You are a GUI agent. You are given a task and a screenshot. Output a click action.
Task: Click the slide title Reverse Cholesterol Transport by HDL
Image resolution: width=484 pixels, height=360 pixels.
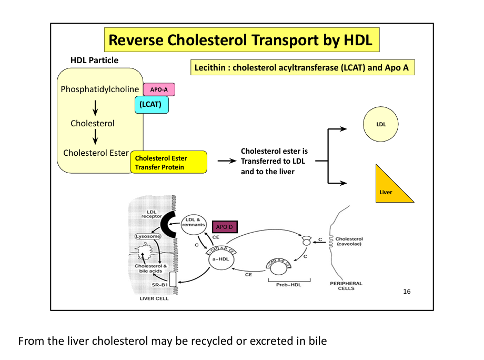coord(240,40)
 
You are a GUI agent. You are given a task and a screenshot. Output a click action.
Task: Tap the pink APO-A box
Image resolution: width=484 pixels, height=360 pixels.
coord(159,89)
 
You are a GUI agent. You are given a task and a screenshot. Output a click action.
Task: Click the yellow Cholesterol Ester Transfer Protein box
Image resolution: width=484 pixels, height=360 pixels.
coord(168,163)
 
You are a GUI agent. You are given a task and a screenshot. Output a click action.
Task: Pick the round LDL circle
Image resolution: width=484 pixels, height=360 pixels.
coord(381,125)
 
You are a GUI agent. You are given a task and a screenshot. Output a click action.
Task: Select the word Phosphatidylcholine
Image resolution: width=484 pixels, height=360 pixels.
coord(99,89)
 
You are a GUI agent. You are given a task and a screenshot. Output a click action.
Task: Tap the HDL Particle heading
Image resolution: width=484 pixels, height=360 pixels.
coord(95,60)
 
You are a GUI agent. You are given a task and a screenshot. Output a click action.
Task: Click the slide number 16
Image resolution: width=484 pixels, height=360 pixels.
coord(406,292)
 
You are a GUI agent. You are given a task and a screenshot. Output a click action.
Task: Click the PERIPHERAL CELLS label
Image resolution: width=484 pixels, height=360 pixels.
coord(346,286)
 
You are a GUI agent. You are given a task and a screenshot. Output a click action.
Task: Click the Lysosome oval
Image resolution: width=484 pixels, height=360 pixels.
coord(148,236)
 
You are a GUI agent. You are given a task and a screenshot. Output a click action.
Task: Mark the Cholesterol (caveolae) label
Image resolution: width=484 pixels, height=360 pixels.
coord(348,241)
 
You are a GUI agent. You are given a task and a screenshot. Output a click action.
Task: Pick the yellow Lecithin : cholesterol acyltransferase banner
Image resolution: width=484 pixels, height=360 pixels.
coord(302,67)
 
